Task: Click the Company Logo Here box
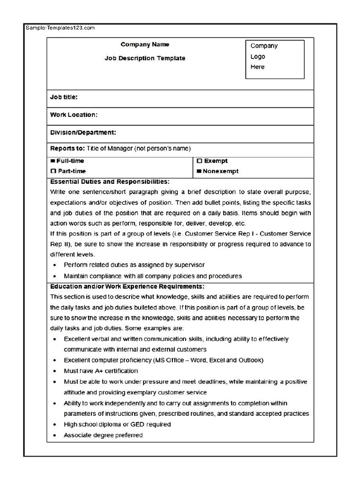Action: tap(275, 59)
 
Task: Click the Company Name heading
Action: tap(145, 45)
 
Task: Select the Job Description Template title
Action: tap(145, 58)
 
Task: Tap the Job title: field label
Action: tap(64, 97)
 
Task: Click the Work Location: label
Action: tap(74, 114)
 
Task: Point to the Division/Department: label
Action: tap(83, 132)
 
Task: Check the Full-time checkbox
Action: tap(53, 161)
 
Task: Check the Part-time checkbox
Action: tap(53, 171)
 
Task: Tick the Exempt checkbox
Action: tap(199, 161)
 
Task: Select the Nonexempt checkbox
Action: tap(199, 171)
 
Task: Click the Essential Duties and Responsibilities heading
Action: tap(110, 181)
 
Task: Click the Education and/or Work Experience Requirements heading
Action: tap(127, 286)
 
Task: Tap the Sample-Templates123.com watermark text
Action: tap(60, 28)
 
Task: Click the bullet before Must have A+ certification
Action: tap(55, 371)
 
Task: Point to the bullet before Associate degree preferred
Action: tap(55, 435)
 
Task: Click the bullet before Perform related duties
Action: tap(55, 265)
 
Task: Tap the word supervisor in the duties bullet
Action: tap(189, 265)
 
